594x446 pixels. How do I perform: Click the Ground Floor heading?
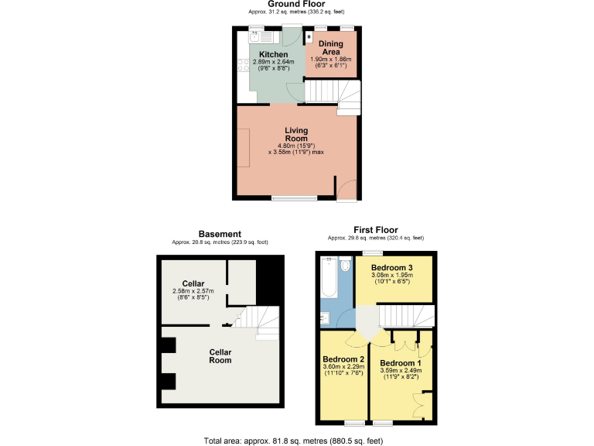[296, 4]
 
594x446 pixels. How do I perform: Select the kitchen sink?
[254, 36]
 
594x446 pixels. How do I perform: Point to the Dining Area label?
[330, 48]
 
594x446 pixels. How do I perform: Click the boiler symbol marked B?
[309, 36]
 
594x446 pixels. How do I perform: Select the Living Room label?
[296, 134]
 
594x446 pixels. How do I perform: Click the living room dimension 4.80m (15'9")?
[296, 146]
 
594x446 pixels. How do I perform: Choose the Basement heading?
[220, 234]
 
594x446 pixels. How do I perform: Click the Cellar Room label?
[220, 355]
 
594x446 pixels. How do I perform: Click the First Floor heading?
[375, 230]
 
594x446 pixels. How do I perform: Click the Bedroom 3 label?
[394, 267]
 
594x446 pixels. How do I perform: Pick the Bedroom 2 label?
[343, 359]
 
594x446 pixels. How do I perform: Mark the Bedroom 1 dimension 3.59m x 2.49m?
[401, 370]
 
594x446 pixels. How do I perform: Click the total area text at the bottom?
[297, 440]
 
